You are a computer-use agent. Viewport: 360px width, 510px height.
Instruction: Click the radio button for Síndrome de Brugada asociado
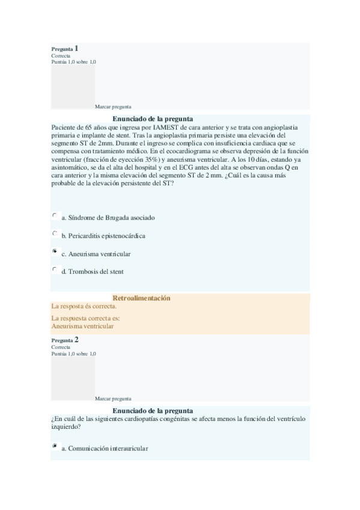point(55,215)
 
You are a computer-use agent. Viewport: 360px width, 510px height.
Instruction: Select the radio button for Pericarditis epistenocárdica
point(55,233)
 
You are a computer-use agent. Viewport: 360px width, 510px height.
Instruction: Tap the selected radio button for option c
point(55,251)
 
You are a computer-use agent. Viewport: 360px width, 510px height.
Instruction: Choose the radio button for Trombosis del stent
point(55,269)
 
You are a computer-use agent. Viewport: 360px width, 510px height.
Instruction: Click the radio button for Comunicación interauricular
point(55,446)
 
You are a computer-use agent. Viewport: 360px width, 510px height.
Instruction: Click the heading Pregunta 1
point(65,48)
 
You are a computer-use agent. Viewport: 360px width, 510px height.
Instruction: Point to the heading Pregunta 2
point(65,340)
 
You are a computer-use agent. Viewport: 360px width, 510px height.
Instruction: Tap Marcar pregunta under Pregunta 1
point(113,106)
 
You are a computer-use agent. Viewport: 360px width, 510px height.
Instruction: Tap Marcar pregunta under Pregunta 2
point(113,398)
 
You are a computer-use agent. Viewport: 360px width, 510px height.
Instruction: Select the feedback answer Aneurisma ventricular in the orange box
point(83,326)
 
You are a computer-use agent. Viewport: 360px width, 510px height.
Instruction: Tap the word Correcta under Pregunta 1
point(61,55)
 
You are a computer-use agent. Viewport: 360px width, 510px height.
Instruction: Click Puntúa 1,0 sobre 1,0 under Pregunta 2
point(73,354)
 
